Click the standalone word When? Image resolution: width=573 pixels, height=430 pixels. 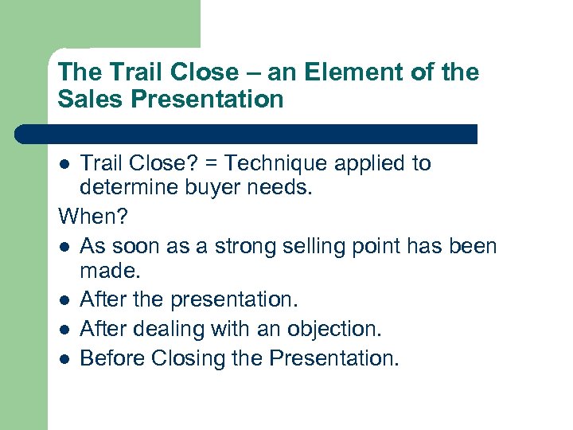coord(92,217)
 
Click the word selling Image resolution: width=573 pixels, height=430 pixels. coord(294,245)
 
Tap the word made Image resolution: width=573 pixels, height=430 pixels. coord(109,272)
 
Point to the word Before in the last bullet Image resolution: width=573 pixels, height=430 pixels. coord(110,358)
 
